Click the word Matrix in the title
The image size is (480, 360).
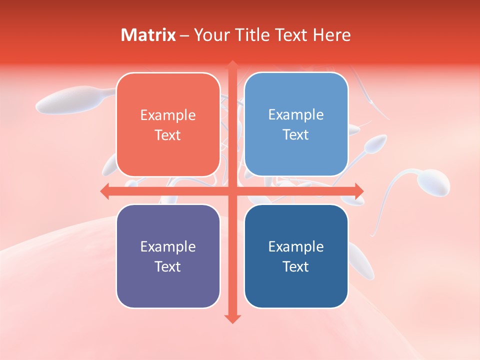tap(148, 35)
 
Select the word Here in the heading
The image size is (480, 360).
tap(331, 35)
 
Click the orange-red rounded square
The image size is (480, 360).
tap(168, 124)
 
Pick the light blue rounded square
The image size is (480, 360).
tap(296, 124)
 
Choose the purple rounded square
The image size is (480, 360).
tap(168, 256)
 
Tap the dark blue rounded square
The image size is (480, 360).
tap(296, 256)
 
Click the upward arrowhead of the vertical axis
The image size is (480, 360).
tap(232, 65)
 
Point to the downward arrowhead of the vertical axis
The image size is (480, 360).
tap(232, 318)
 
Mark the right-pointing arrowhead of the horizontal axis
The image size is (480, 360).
tap(358, 191)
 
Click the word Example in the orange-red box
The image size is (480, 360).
tap(168, 115)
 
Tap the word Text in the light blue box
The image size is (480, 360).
tap(296, 134)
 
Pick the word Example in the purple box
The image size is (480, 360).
tap(168, 246)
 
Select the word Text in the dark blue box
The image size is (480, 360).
tap(296, 266)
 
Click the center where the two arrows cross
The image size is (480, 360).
tap(232, 191)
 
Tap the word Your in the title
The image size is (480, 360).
tap(210, 35)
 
